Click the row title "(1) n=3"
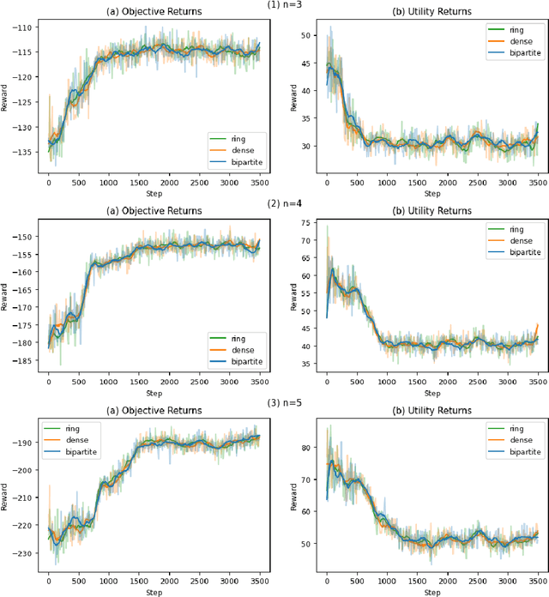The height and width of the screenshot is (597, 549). [x=287, y=5]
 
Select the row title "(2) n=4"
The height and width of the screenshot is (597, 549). [x=287, y=204]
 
